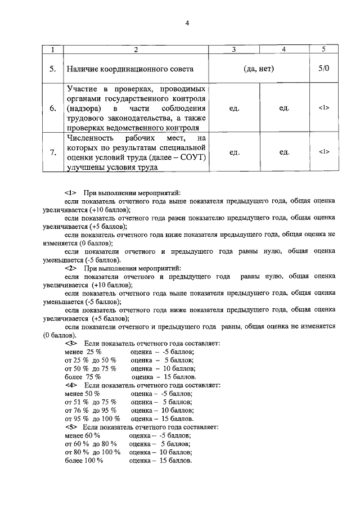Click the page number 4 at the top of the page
pos(187,23)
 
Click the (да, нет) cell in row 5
pos(259,69)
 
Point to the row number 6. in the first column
pos(52,108)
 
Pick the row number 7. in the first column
pos(52,152)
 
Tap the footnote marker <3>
pos(70,343)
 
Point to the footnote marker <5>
pos(70,427)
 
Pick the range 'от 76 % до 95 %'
pos(91,411)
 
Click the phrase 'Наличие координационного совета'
pos(130,70)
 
